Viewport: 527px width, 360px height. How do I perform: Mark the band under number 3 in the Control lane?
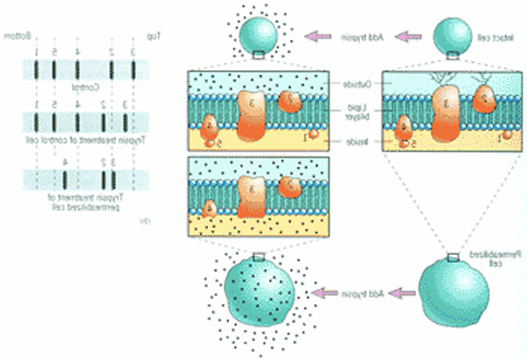point(134,69)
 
